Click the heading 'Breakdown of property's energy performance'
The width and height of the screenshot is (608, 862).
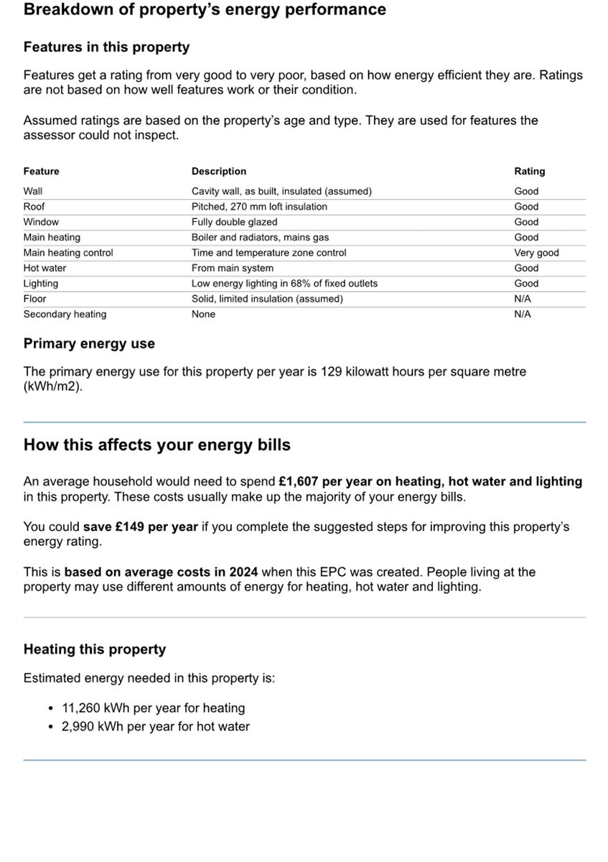coord(205,10)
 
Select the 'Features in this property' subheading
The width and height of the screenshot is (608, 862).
coord(106,47)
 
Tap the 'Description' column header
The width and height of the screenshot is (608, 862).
coord(218,171)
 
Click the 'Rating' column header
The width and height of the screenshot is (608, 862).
coord(529,171)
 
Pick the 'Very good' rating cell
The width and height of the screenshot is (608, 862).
coord(535,253)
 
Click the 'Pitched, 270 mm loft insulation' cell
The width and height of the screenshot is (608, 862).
coord(258,207)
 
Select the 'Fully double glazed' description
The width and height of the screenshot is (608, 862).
coord(234,222)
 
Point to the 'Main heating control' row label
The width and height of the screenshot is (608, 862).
coord(67,253)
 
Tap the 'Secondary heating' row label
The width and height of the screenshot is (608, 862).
coord(65,314)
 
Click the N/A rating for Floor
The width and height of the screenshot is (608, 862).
coord(523,299)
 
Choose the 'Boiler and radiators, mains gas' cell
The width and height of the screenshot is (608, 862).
coord(260,237)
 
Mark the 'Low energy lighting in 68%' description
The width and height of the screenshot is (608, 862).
coord(284,284)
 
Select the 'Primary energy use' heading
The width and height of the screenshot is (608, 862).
coord(89,344)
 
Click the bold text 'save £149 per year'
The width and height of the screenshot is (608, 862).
coord(140,527)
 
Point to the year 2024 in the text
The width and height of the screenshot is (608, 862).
coord(243,572)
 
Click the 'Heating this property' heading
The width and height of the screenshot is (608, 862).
coord(94,649)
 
